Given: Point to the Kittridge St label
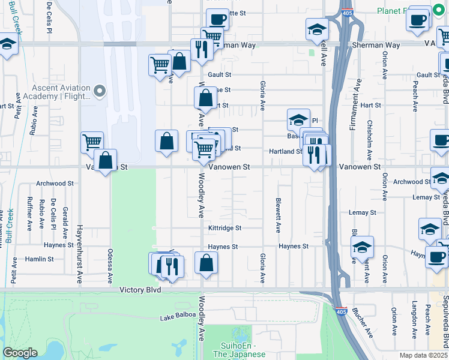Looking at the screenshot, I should coord(224,228).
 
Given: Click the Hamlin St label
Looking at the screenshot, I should coord(40,259).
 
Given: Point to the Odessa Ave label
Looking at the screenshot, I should coord(110,266).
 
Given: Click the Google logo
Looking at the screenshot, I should coord(20,353).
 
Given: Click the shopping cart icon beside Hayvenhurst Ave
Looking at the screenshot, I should coord(92,143).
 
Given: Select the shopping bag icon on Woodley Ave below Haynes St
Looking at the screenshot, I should coord(206,263).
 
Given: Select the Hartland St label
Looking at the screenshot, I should coord(285,151).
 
